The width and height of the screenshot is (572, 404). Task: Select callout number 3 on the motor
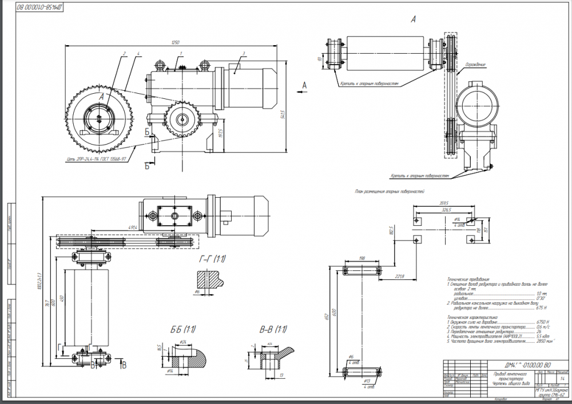pyautogui.click(x=244, y=53)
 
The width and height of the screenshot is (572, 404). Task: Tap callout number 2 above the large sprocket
pyautogui.click(x=123, y=53)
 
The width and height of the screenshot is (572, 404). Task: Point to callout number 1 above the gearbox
pyautogui.click(x=181, y=53)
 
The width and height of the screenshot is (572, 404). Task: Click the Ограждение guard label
pyautogui.click(x=475, y=65)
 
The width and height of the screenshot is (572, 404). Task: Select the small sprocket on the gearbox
pyautogui.click(x=181, y=119)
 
